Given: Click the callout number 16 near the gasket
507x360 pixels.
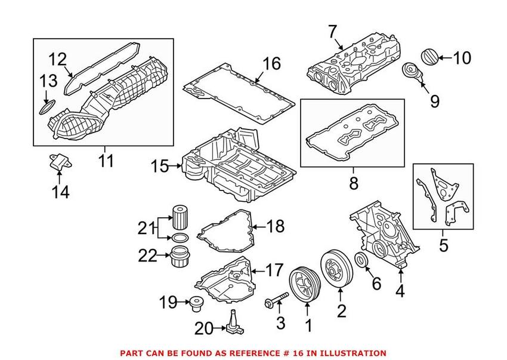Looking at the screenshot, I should (x=271, y=63).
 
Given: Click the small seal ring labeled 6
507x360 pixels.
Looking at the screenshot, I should (x=361, y=260).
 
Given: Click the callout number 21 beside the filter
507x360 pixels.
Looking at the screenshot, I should (x=146, y=227).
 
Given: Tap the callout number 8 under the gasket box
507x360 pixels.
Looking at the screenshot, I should (x=354, y=184).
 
